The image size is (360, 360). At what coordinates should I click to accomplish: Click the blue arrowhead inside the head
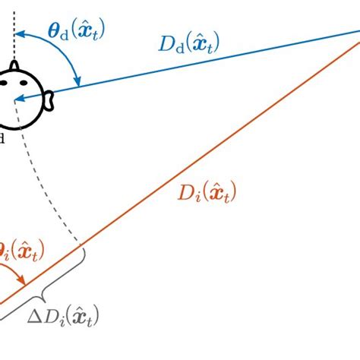click(x=18, y=99)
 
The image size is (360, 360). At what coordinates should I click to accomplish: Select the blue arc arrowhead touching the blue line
click(x=77, y=81)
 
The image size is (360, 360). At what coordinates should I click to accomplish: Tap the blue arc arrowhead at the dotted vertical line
click(x=21, y=33)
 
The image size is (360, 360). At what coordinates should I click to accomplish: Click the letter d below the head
click(x=3, y=137)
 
